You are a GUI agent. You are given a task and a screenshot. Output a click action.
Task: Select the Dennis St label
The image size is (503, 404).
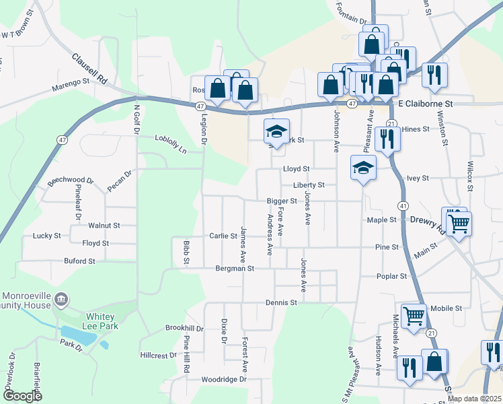coord(281,303)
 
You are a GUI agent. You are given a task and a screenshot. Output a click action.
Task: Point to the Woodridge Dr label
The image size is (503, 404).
coord(225,379)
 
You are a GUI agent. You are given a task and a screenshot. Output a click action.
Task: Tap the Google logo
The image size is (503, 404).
coord(23,396)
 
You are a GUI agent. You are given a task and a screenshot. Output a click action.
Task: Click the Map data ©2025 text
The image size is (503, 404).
coord(474,399)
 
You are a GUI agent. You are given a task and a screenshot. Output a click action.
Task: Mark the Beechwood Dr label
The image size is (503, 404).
coord(71,182)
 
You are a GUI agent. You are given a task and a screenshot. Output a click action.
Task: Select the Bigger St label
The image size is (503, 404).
coord(281,201)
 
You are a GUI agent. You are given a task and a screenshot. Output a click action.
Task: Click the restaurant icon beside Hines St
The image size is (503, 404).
coord(388,139)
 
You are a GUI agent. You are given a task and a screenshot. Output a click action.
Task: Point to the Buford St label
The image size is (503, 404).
coord(79,261)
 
